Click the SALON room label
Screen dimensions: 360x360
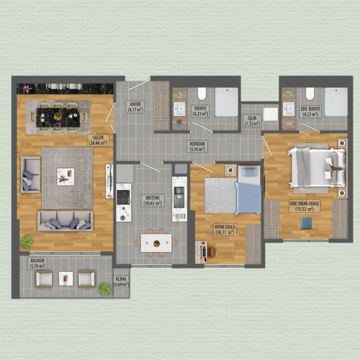(x=98, y=138)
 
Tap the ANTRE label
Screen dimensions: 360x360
(x=136, y=104)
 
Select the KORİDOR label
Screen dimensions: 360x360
(x=197, y=144)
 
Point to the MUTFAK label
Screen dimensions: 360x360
(x=153, y=198)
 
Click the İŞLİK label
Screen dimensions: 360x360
(x=252, y=118)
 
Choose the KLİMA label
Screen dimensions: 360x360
(x=121, y=279)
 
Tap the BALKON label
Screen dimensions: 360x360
(x=37, y=261)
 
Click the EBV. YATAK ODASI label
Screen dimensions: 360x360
(x=305, y=204)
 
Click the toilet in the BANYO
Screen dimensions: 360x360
(x=202, y=94)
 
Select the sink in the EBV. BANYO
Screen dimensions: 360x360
(x=288, y=109)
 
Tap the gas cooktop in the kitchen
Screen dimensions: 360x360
(x=123, y=197)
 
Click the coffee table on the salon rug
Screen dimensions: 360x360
(x=66, y=176)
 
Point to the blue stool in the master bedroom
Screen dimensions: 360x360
(x=306, y=223)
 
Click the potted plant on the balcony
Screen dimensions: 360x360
(x=105, y=288)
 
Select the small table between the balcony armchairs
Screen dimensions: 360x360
(x=66, y=279)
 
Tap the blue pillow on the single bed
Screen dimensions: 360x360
(x=250, y=172)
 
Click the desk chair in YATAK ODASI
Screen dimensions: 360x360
(x=211, y=252)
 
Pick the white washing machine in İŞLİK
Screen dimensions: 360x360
(x=270, y=114)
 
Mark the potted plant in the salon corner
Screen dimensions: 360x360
(x=27, y=242)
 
